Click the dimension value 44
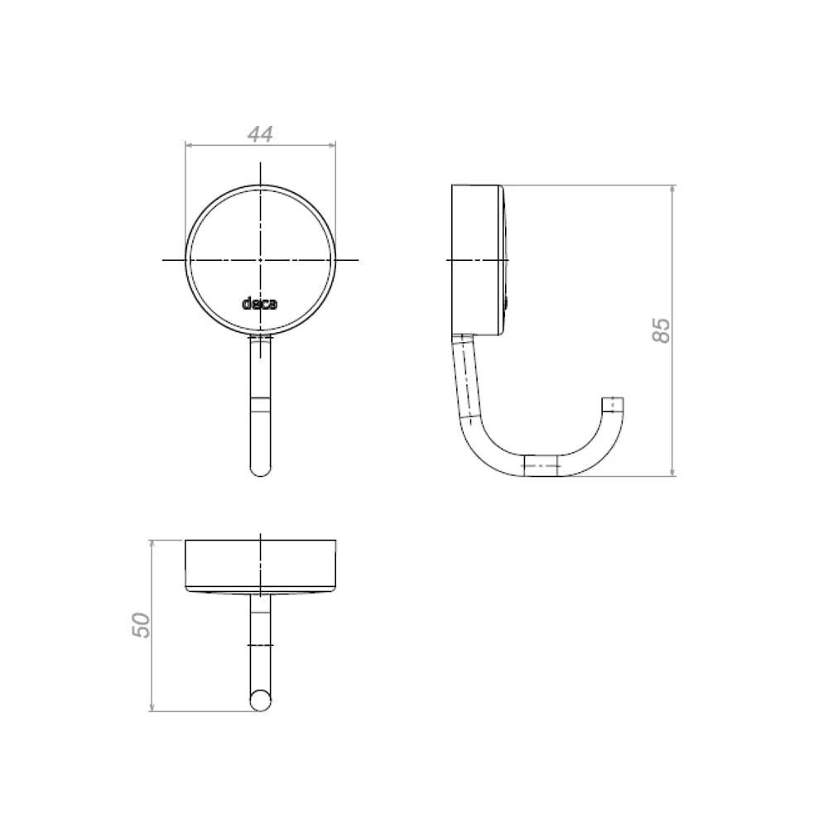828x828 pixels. (x=260, y=133)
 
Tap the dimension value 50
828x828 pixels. (x=141, y=625)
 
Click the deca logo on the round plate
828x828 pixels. (x=259, y=304)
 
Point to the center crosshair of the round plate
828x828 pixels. (x=260, y=260)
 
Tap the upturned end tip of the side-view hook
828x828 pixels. (x=613, y=399)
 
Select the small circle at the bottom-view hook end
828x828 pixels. (x=260, y=700)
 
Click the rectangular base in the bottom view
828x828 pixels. (x=260, y=565)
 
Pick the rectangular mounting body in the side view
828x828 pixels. (x=476, y=260)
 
